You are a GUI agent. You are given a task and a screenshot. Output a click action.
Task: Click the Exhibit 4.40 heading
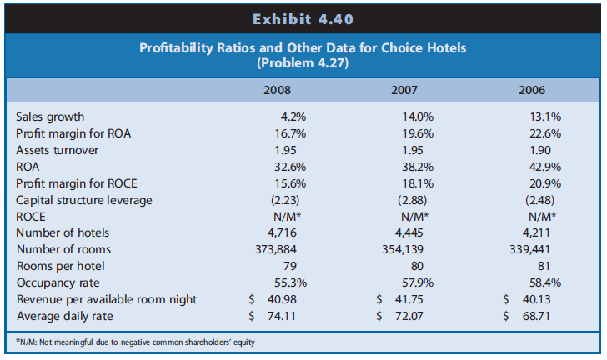click(303, 15)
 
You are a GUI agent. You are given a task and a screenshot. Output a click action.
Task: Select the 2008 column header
click(278, 89)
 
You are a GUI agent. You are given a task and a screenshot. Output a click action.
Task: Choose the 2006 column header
click(532, 89)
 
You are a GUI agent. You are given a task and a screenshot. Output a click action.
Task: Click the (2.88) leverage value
click(409, 199)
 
